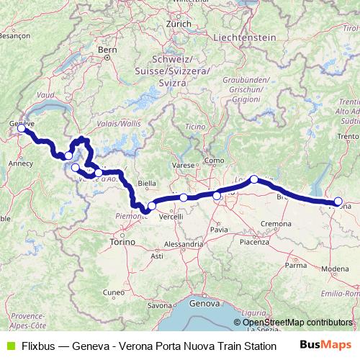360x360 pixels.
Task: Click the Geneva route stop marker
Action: coord(23,130)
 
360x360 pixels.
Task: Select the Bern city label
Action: coord(107,50)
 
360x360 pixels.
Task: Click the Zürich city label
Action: coord(178,24)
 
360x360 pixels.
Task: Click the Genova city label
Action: coord(204,304)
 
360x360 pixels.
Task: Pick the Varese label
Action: coord(184,166)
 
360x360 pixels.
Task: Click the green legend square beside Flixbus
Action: coord(9,346)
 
